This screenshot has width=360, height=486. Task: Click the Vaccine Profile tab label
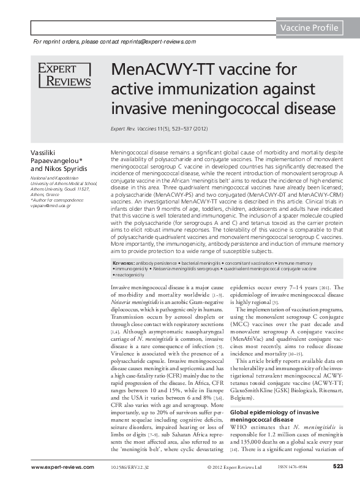click(x=309, y=28)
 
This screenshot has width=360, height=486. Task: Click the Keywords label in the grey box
click(x=124, y=262)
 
